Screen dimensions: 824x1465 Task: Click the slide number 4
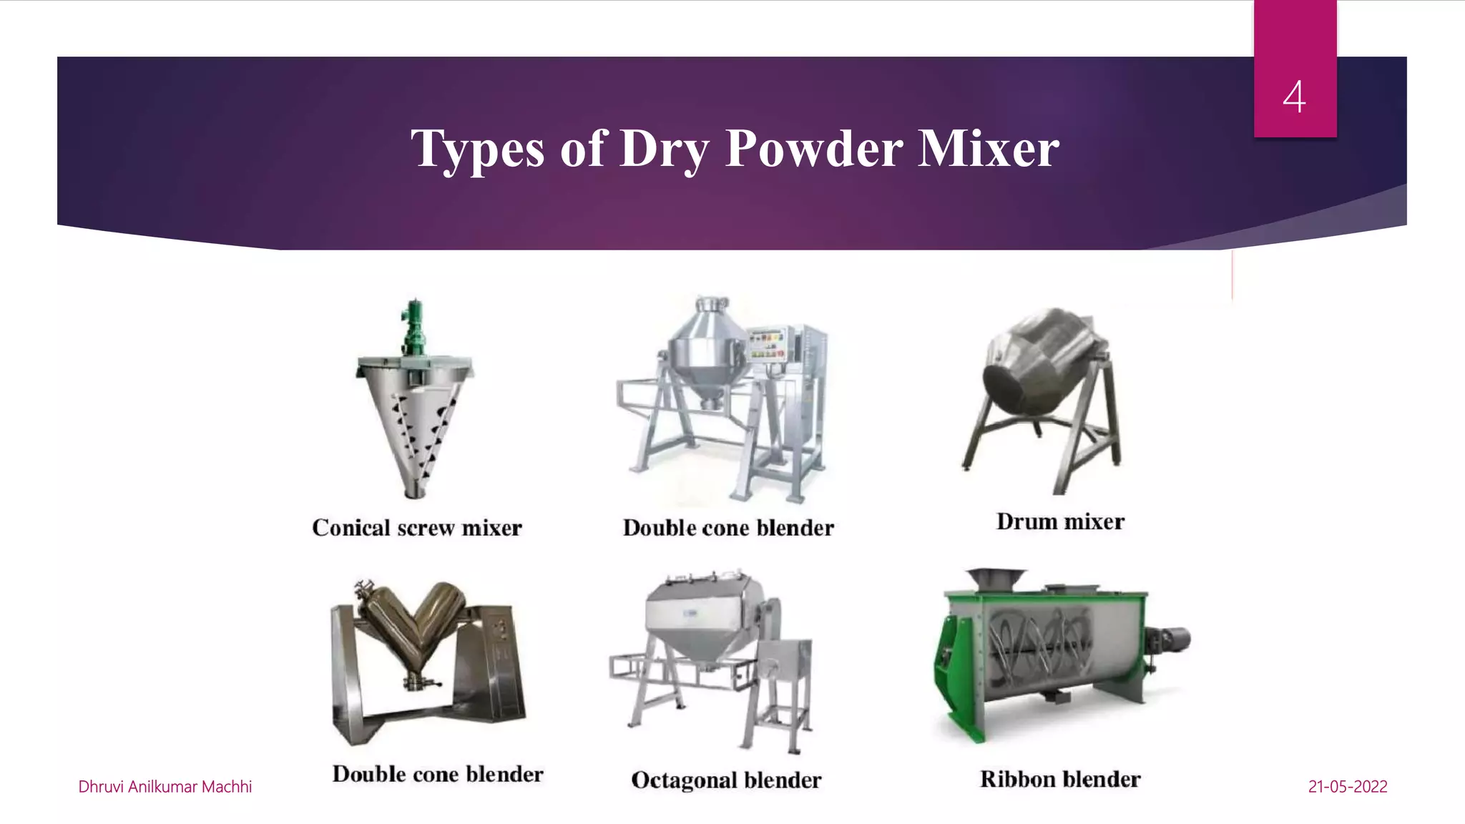point(1294,97)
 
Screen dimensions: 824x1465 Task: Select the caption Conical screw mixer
point(417,528)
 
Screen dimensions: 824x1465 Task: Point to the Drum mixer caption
point(1060,521)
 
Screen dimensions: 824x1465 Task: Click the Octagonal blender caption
point(726,780)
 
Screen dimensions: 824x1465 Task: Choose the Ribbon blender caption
point(1060,779)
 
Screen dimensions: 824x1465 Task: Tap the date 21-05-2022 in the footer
point(1348,787)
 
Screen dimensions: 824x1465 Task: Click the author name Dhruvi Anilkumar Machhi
point(165,787)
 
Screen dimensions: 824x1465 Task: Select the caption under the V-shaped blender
point(438,774)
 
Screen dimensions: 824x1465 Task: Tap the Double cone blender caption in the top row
point(728,528)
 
